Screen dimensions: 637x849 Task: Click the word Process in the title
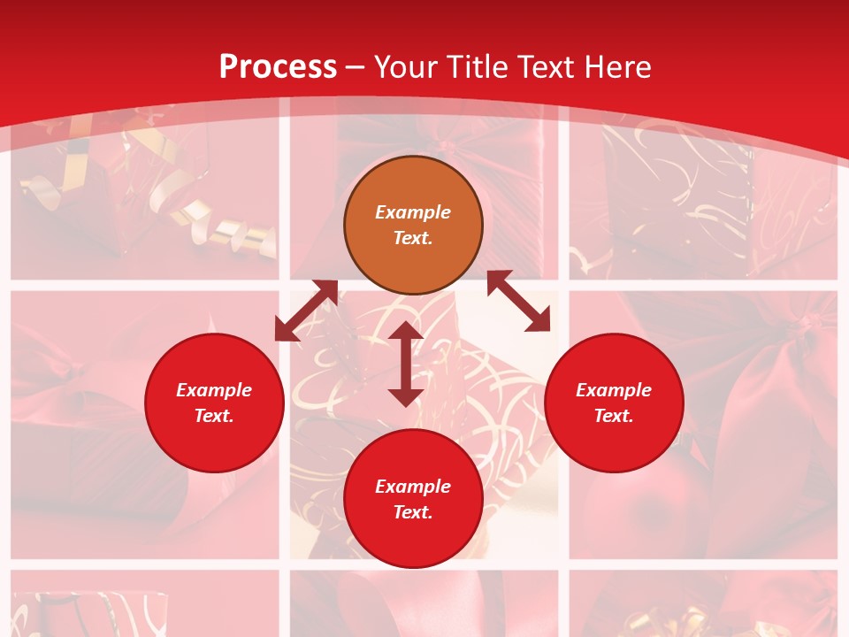(278, 67)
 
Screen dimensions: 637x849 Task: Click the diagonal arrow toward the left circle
(307, 311)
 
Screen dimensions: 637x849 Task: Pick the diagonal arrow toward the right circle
(518, 302)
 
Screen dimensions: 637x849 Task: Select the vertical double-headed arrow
(406, 364)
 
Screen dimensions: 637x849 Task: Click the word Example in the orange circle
(413, 212)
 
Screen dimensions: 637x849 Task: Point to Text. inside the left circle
(214, 416)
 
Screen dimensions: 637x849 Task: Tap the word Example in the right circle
(614, 390)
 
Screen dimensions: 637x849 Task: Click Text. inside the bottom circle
(413, 512)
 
